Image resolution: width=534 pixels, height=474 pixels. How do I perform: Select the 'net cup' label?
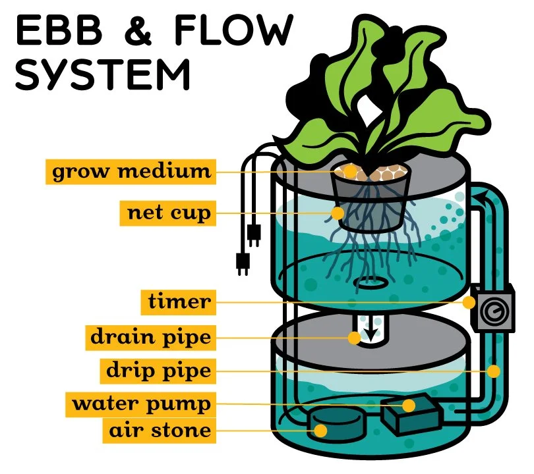coord(168,213)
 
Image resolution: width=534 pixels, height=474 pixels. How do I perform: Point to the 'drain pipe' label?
coord(151,338)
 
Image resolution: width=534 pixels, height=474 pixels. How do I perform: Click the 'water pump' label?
coord(141,403)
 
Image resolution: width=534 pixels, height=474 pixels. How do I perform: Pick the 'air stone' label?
coord(158,431)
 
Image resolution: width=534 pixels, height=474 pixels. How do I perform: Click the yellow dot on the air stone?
coord(321,431)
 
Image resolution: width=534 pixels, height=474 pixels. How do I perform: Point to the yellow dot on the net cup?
coord(338,213)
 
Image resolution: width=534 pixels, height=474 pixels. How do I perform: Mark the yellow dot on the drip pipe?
coord(493,371)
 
